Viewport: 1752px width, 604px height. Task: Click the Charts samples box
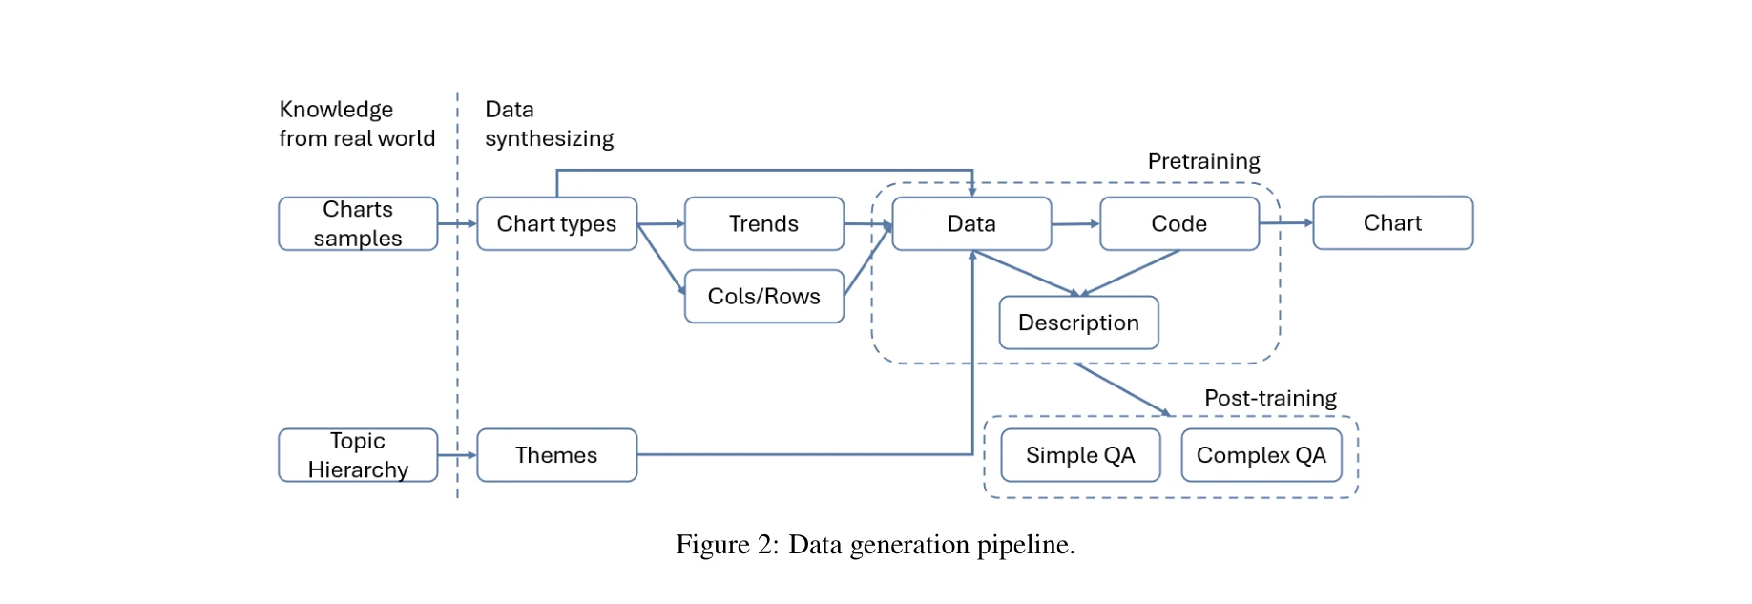358,224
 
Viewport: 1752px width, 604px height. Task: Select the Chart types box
556,224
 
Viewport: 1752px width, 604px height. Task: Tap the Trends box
763,224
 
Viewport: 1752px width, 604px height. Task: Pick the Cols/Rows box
763,297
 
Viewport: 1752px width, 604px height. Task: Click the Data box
971,224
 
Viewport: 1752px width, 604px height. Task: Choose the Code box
1178,224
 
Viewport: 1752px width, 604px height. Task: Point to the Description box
1078,323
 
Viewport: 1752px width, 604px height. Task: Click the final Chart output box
1392,223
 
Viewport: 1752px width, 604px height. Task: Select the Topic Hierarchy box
358,455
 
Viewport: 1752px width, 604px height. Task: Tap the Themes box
556,455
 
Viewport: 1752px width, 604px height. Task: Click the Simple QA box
1080,455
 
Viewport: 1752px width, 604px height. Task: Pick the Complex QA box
1261,455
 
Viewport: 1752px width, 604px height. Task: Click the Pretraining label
1203,161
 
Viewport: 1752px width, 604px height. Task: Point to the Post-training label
1270,398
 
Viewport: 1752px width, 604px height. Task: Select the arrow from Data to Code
1075,224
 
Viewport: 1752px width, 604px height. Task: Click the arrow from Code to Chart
1286,223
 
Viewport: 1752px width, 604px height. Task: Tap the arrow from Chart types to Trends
660,224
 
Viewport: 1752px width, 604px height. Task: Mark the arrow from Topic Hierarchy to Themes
457,455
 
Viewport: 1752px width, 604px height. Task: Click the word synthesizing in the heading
549,139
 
